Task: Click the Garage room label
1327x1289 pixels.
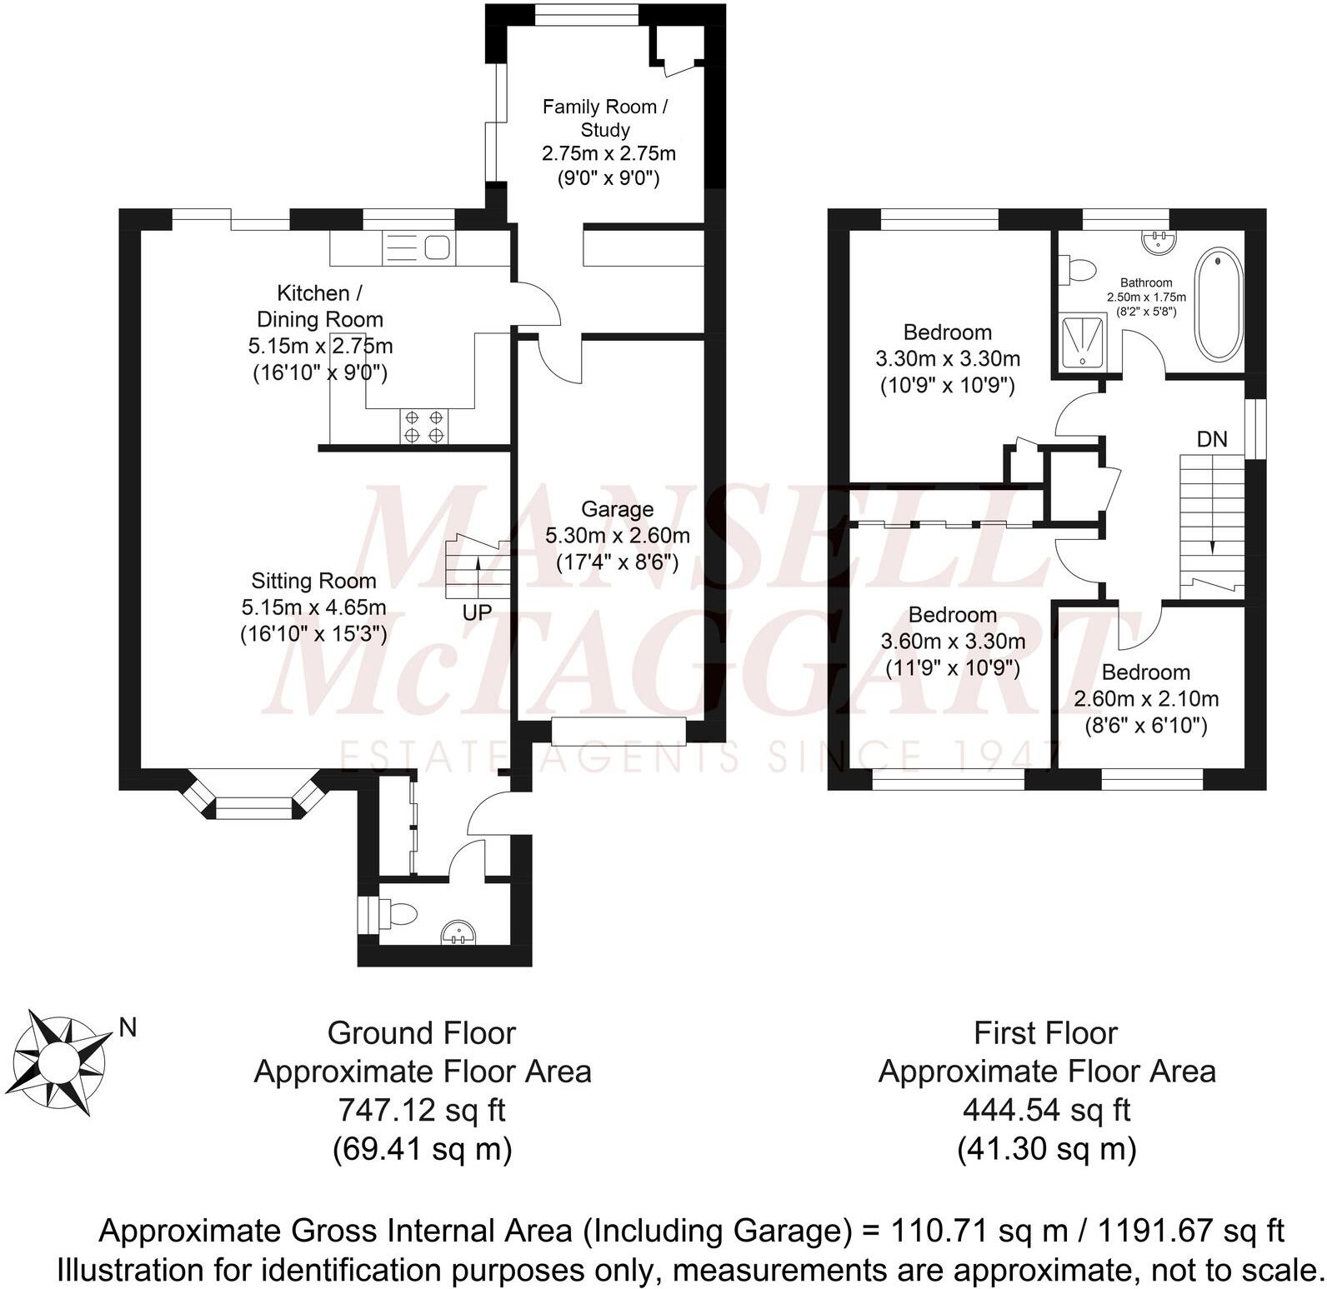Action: coord(617,509)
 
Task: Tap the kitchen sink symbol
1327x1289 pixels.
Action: coord(438,247)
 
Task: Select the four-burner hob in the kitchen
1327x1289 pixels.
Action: coord(424,427)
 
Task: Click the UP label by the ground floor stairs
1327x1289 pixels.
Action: coord(477,612)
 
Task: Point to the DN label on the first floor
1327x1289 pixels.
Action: coord(1212,439)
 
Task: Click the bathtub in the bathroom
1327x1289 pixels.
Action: coord(1219,305)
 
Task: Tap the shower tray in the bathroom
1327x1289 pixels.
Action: coord(1080,342)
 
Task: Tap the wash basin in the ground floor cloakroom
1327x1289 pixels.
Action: coord(458,932)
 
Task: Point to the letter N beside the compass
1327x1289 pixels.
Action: coord(128,1028)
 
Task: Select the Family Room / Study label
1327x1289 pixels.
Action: coord(605,118)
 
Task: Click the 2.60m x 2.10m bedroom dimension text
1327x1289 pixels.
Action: coord(1145,699)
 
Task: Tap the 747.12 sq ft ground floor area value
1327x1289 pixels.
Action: coord(421,1111)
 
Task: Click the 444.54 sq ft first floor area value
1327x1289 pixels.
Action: coord(1046,1111)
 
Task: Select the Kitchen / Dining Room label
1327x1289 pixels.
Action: coord(319,306)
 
